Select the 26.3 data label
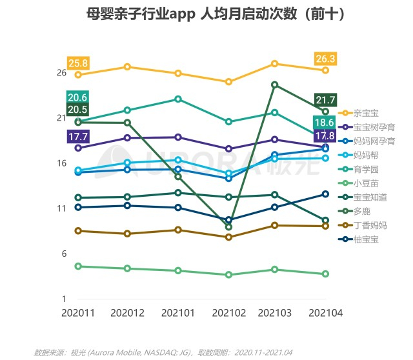pos(325,59)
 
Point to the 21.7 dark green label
pos(325,99)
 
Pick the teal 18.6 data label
pos(324,123)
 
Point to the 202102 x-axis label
pos(228,313)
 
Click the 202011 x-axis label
pos(77,313)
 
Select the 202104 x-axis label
pos(325,313)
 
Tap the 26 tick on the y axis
pos(61,73)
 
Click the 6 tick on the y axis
pos(64,254)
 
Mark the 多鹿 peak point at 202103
pos(275,85)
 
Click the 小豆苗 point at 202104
pos(325,274)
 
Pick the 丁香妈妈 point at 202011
pos(78,231)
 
